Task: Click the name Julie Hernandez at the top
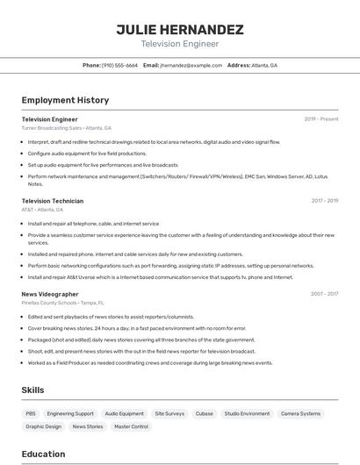pyautogui.click(x=180, y=30)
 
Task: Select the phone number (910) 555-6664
pyautogui.click(x=119, y=65)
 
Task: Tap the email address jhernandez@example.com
pyautogui.click(x=191, y=65)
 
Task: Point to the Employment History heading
pyautogui.click(x=65, y=100)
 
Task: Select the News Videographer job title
pyautogui.click(x=50, y=294)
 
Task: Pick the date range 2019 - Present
pyautogui.click(x=321, y=118)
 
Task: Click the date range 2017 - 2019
pyautogui.click(x=325, y=201)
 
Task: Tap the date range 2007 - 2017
pyautogui.click(x=325, y=294)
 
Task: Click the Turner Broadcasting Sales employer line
pyautogui.click(x=67, y=127)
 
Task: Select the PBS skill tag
pyautogui.click(x=31, y=413)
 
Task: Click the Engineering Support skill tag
pyautogui.click(x=70, y=413)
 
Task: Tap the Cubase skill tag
pyautogui.click(x=205, y=413)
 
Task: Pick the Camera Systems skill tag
pyautogui.click(x=300, y=413)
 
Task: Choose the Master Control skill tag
pyautogui.click(x=132, y=426)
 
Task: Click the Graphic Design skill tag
pyautogui.click(x=44, y=426)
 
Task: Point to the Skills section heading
pyautogui.click(x=33, y=390)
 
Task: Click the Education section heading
pyautogui.click(x=43, y=454)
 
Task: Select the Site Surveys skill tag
pyautogui.click(x=169, y=413)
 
